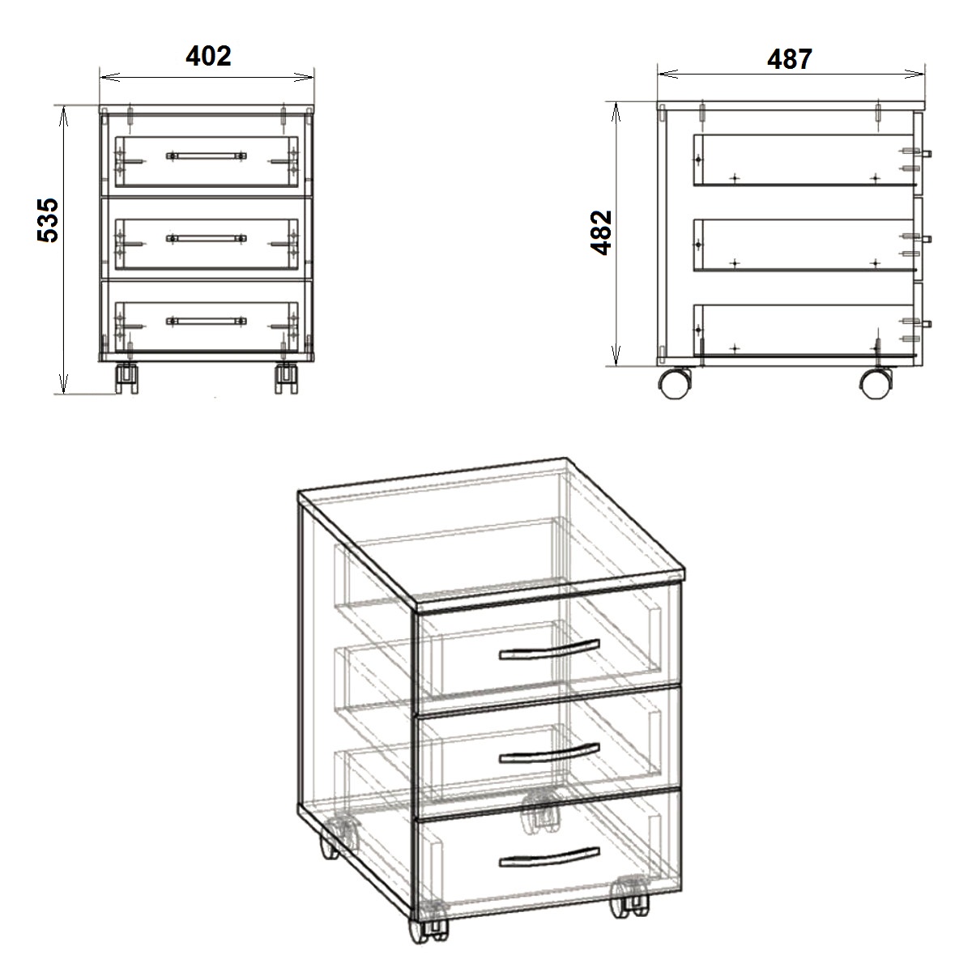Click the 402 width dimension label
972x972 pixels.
coord(208,56)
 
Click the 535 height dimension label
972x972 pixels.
coord(49,220)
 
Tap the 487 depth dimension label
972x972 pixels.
coord(790,59)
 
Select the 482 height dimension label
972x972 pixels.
coord(602,232)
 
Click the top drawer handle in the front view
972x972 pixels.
coord(207,156)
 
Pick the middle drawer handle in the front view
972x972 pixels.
coord(207,239)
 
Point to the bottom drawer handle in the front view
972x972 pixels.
coord(207,322)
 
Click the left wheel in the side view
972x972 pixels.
coord(676,383)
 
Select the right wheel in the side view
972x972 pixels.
coord(876,383)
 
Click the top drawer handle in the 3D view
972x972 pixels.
coord(549,650)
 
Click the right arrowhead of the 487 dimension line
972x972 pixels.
coord(914,75)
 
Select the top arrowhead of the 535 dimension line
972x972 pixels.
coord(63,117)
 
